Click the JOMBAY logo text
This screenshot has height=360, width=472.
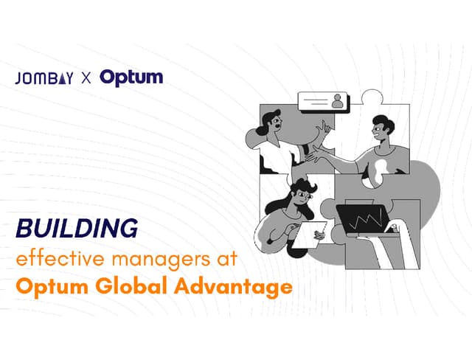[x=44, y=78]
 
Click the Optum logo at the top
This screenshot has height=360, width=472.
[x=131, y=77]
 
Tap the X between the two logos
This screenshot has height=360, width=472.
[x=86, y=78]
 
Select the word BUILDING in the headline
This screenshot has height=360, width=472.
[x=77, y=229]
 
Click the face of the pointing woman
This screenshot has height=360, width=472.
[x=273, y=125]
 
